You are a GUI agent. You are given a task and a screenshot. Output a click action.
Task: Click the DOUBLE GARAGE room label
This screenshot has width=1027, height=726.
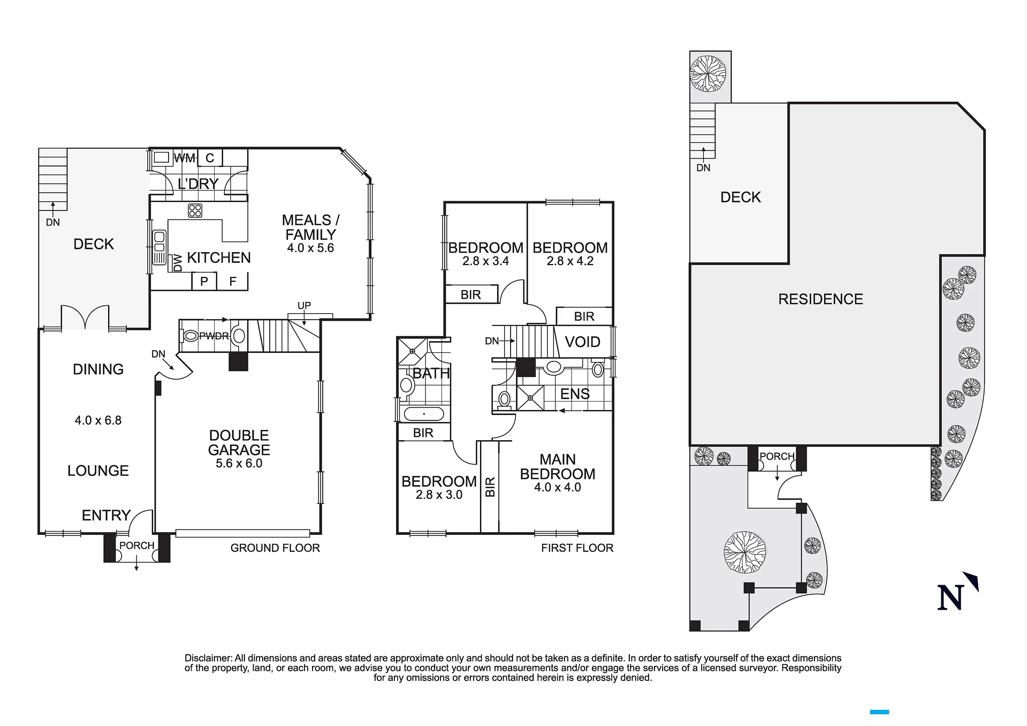tap(239, 443)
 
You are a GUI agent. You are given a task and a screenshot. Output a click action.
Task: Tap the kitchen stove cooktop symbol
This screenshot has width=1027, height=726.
tap(195, 210)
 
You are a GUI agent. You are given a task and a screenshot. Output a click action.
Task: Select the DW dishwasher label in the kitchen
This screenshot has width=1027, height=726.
tap(178, 262)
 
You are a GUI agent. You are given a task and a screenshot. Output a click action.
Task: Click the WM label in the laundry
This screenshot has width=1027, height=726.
tap(185, 158)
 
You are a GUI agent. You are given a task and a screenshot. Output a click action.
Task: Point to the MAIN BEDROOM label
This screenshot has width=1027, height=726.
tap(558, 466)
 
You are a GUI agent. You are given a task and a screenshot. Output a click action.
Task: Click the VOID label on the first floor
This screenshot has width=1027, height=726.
tap(582, 342)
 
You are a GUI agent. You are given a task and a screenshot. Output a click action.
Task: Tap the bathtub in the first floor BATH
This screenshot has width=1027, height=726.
tap(424, 414)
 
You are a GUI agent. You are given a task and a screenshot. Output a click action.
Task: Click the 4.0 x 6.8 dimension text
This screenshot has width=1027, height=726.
tap(98, 420)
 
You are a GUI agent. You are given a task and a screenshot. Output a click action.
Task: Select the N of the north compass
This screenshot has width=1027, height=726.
tap(950, 598)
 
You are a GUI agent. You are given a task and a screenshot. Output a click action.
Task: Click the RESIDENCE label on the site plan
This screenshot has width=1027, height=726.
tap(820, 299)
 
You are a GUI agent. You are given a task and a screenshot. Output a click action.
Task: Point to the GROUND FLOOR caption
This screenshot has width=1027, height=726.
tap(275, 548)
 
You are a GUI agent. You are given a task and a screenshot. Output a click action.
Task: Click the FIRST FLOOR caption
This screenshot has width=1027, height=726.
tap(577, 548)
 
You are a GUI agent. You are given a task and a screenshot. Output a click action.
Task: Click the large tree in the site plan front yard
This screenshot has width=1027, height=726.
tap(744, 552)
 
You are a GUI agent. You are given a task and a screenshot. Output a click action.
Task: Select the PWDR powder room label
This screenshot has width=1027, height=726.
tap(214, 336)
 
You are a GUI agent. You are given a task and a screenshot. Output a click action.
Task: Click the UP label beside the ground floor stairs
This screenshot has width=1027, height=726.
tap(304, 305)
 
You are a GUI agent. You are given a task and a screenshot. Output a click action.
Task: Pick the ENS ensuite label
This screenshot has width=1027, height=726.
tap(575, 394)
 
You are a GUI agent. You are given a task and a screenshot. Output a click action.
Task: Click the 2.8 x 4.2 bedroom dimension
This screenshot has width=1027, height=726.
tap(570, 261)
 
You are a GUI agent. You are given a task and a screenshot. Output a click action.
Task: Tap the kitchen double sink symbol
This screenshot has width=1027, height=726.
tap(159, 247)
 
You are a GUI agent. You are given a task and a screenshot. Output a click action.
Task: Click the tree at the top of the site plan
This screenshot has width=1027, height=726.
tap(708, 74)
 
